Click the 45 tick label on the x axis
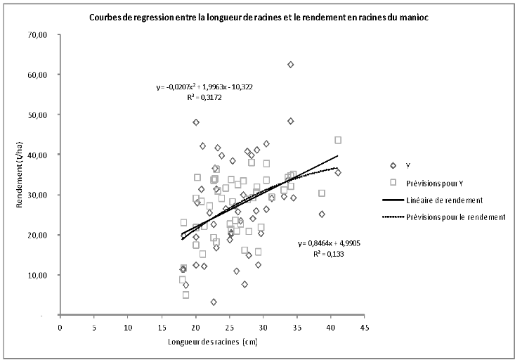(x=363, y=327)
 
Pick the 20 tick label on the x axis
(x=195, y=327)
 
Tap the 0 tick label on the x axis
(x=60, y=327)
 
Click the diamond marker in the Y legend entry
(x=393, y=165)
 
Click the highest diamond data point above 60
(x=290, y=65)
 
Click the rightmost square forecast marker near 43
(x=338, y=140)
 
